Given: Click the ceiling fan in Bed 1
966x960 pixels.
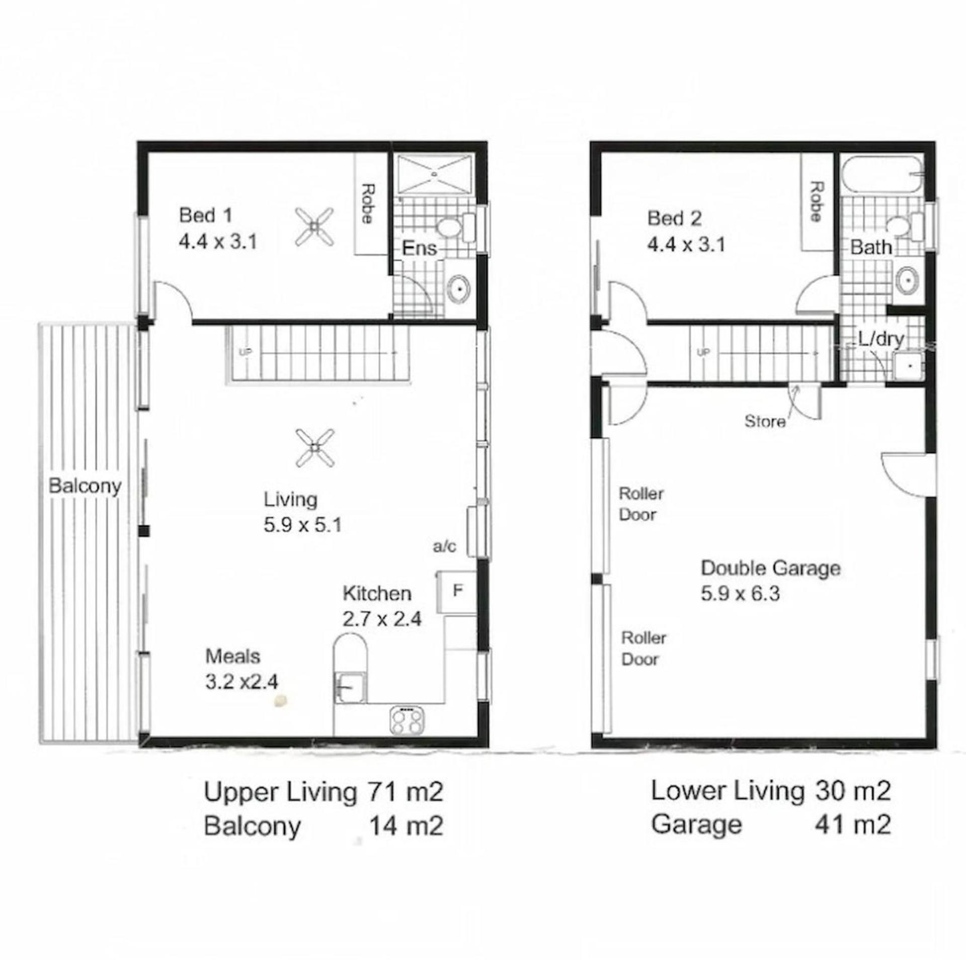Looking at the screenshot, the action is click(314, 227).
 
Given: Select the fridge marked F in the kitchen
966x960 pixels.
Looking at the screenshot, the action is click(457, 591).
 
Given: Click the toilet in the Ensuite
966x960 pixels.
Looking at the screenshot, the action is click(456, 228).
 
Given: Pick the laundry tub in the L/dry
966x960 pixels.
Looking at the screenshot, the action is click(908, 365).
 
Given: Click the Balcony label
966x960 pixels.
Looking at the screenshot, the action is click(85, 487).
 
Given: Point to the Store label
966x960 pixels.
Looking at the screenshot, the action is click(765, 421).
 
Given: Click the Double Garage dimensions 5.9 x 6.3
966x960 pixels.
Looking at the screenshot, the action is click(740, 594).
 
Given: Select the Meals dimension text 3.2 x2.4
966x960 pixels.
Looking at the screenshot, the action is click(242, 682).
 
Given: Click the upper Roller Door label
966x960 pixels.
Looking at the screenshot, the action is click(640, 504).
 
